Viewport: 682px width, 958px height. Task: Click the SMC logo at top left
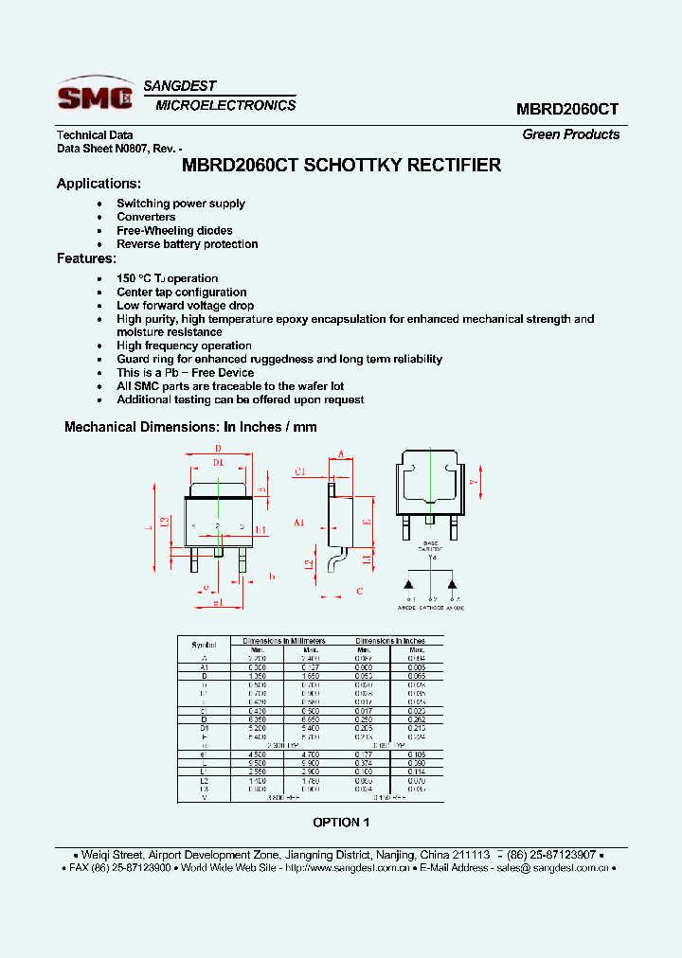coord(95,97)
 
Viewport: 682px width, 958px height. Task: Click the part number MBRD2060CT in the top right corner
coord(567,109)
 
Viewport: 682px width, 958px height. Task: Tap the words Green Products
coord(570,134)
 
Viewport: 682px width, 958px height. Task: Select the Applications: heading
coord(99,184)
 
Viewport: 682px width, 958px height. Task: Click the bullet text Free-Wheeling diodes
coord(174,231)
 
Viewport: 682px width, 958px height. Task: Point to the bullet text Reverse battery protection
coord(187,244)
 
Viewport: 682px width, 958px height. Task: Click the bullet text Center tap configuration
coord(181,293)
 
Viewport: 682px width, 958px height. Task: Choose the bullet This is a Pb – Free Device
coord(185,373)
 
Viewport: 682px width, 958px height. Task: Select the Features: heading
coord(86,258)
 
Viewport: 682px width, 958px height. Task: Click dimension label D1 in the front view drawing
coord(218,462)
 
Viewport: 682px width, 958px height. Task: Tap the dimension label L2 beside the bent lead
coord(309,564)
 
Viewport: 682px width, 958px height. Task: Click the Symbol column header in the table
coord(204,645)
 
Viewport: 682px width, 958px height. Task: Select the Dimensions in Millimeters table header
coord(283,641)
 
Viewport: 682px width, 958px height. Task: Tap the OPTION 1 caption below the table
coord(341,823)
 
